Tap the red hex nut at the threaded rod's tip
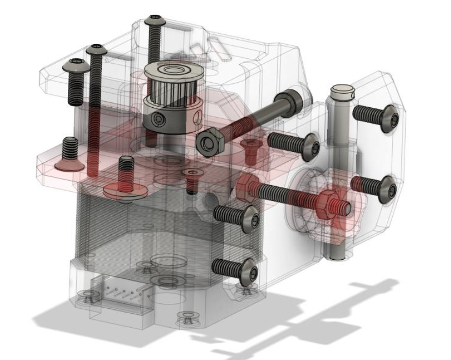pyautogui.click(x=331, y=206)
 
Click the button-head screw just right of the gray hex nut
pyautogui.click(x=308, y=144)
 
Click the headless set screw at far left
pyautogui.click(x=69, y=147)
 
